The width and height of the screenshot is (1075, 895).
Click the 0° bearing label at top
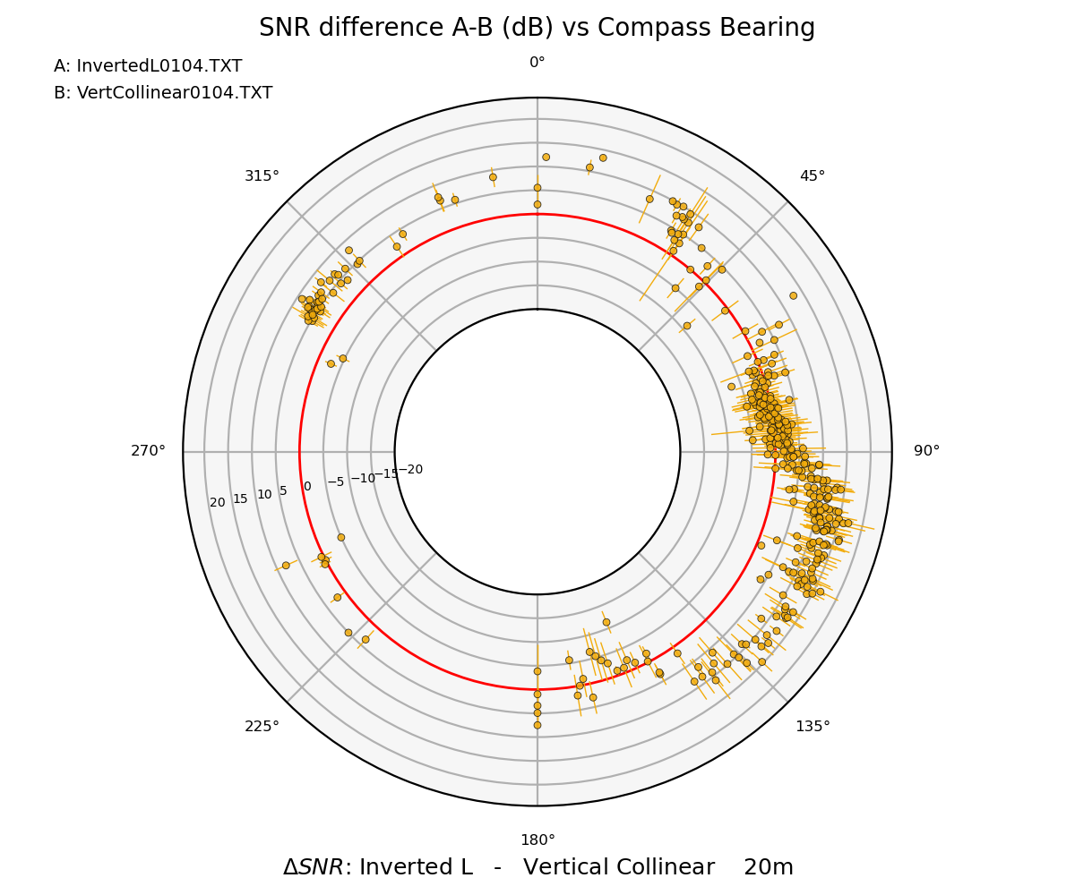click(x=537, y=63)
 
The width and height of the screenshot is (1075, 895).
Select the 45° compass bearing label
click(x=813, y=176)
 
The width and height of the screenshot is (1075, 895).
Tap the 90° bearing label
click(x=926, y=451)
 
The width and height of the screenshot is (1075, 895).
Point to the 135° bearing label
click(x=813, y=726)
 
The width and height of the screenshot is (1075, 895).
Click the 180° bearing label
click(x=537, y=840)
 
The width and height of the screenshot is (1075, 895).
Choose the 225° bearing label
click(x=262, y=726)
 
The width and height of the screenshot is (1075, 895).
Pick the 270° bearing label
click(x=149, y=451)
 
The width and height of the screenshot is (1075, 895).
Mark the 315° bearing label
click(x=262, y=176)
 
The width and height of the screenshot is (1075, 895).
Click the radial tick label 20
click(x=218, y=503)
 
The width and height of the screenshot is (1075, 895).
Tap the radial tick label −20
click(x=410, y=470)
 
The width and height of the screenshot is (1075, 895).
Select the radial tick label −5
click(x=335, y=482)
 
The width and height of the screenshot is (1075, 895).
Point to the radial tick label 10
click(x=264, y=495)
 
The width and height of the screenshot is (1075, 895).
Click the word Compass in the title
click(x=598, y=28)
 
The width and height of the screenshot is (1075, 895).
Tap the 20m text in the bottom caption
click(x=769, y=867)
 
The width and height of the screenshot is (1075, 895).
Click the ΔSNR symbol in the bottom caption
click(x=311, y=867)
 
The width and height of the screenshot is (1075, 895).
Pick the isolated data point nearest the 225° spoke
click(x=365, y=639)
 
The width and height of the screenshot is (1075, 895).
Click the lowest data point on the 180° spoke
click(x=537, y=725)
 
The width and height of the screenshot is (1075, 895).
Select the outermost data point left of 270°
click(x=286, y=565)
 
